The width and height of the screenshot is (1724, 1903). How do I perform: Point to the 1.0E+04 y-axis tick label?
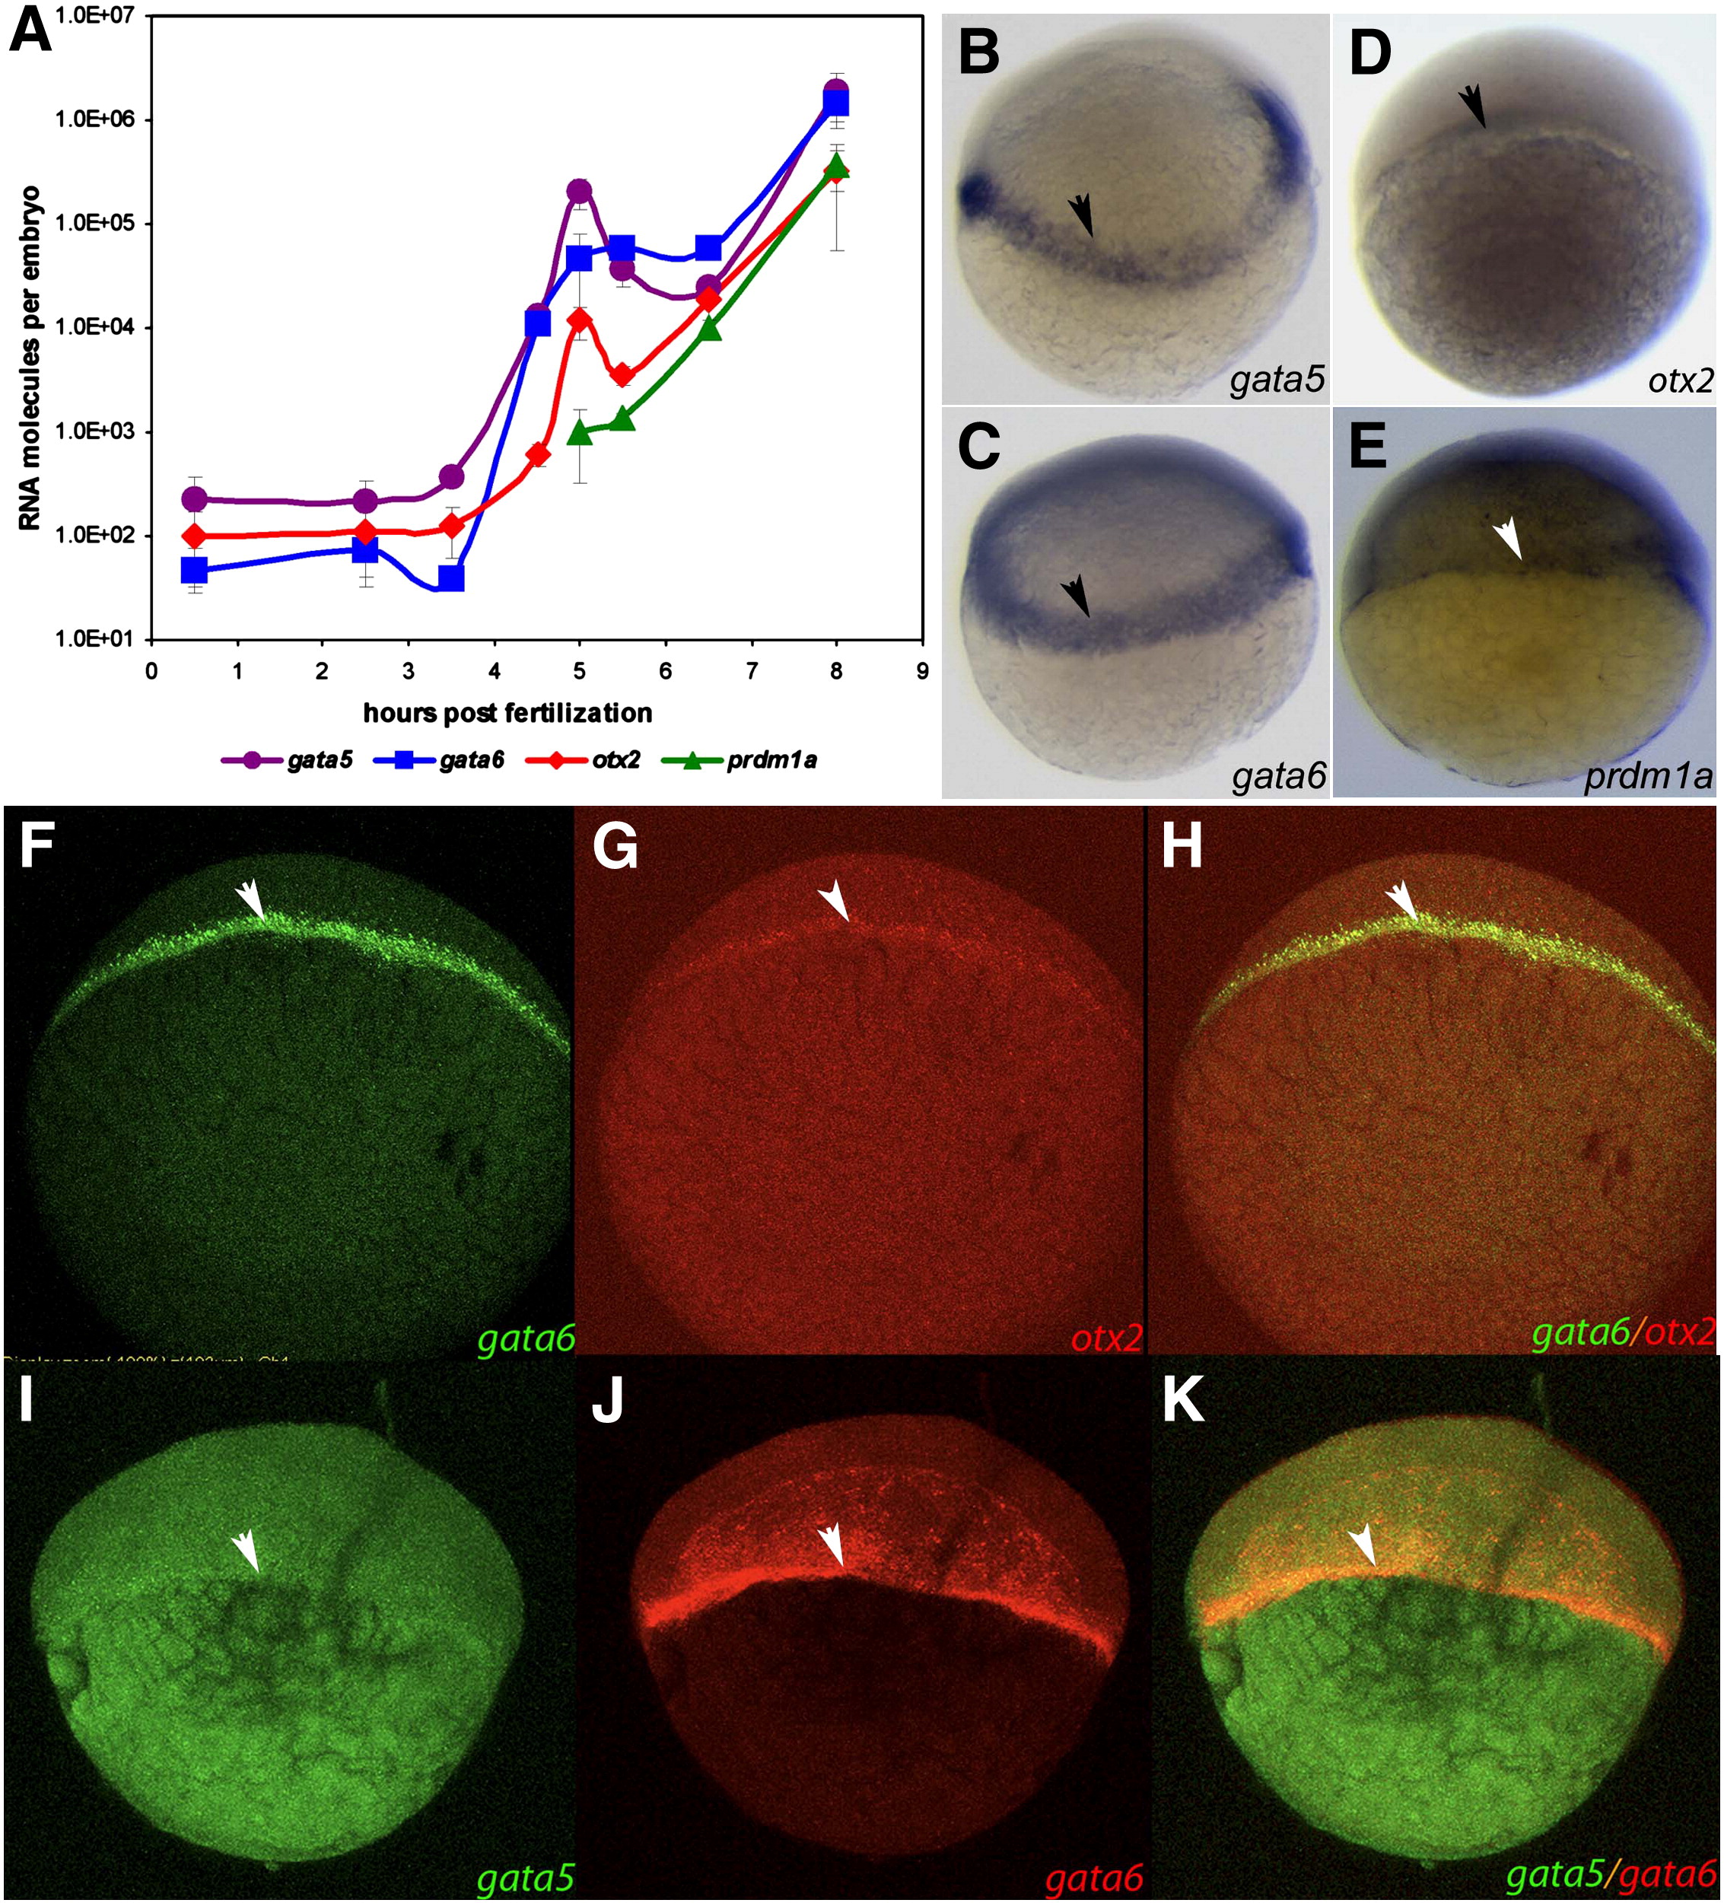click(95, 326)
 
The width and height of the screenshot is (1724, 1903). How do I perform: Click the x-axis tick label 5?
click(580, 671)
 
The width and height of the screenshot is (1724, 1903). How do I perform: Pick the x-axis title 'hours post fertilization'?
click(507, 713)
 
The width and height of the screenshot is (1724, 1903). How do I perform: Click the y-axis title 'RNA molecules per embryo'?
click(30, 358)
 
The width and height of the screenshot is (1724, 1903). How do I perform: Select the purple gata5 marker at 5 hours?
click(580, 192)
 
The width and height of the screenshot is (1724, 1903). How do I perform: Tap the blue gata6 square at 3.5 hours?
click(451, 578)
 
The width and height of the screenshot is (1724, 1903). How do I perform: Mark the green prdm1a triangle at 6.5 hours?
click(711, 329)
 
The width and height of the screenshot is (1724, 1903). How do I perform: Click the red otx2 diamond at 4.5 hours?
click(538, 454)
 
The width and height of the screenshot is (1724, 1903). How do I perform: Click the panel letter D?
click(1370, 54)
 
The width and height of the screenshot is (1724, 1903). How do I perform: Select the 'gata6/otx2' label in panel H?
click(1622, 1333)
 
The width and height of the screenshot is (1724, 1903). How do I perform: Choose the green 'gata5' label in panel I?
click(525, 1878)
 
